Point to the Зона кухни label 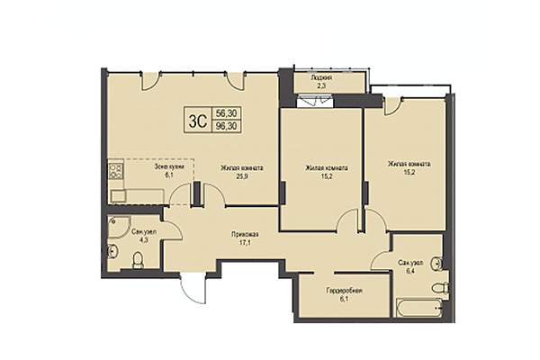pos(168,167)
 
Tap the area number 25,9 pos(241,176)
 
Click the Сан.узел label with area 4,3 pos(141,232)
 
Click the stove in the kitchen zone pos(115,168)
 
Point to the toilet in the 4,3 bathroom pos(137,262)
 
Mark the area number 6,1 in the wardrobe pos(345,301)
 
